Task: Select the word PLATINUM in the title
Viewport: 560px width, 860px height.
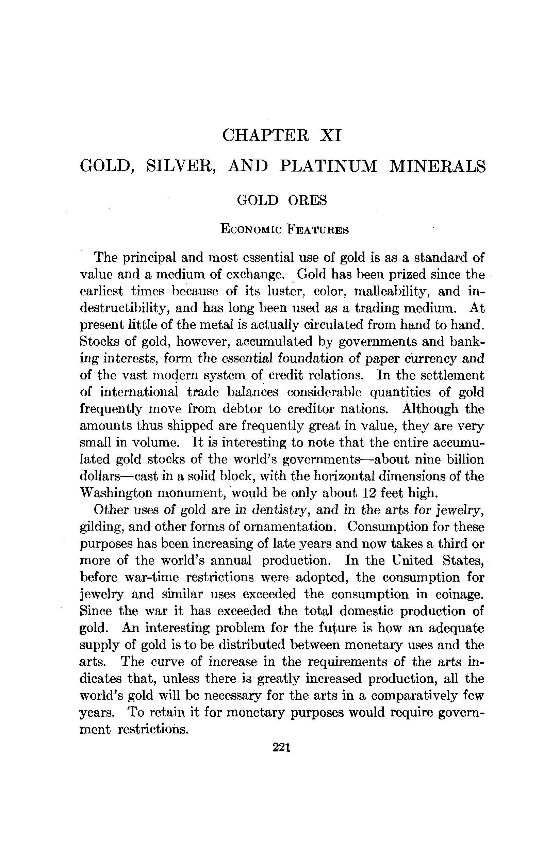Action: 328,166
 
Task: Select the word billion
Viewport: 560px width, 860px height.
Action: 465,459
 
